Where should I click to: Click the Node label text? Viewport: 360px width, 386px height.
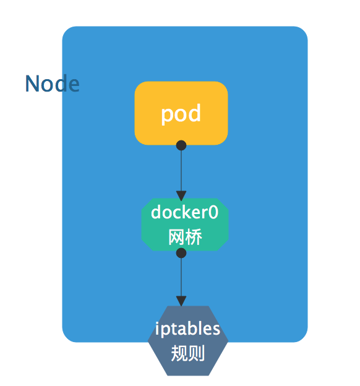(52, 84)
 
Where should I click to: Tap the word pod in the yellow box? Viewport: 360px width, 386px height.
(181, 114)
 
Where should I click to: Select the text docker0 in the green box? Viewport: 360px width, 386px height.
(184, 212)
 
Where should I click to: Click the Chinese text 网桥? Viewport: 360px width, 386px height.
(185, 237)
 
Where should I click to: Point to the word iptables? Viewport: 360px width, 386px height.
(187, 329)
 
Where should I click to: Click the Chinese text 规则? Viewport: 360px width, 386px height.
(188, 353)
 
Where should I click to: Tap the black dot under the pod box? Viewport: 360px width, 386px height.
(181, 145)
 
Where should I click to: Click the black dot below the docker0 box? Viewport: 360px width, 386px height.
(181, 253)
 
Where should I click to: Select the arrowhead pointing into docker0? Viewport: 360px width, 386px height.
(181, 195)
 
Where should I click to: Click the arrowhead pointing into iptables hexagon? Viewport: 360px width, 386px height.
(181, 301)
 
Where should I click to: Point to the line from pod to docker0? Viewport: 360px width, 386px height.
(181, 171)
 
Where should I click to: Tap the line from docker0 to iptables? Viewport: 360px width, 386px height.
(181, 277)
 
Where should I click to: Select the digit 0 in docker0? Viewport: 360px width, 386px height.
(213, 212)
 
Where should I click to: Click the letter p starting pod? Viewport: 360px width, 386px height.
(166, 116)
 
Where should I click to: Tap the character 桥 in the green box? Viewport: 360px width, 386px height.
(194, 237)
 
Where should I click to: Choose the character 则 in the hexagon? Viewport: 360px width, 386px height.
(197, 353)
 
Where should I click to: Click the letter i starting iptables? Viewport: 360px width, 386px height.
(157, 328)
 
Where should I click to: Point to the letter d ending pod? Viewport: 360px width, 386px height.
(195, 113)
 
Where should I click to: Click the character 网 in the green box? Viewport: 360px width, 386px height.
(177, 237)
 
